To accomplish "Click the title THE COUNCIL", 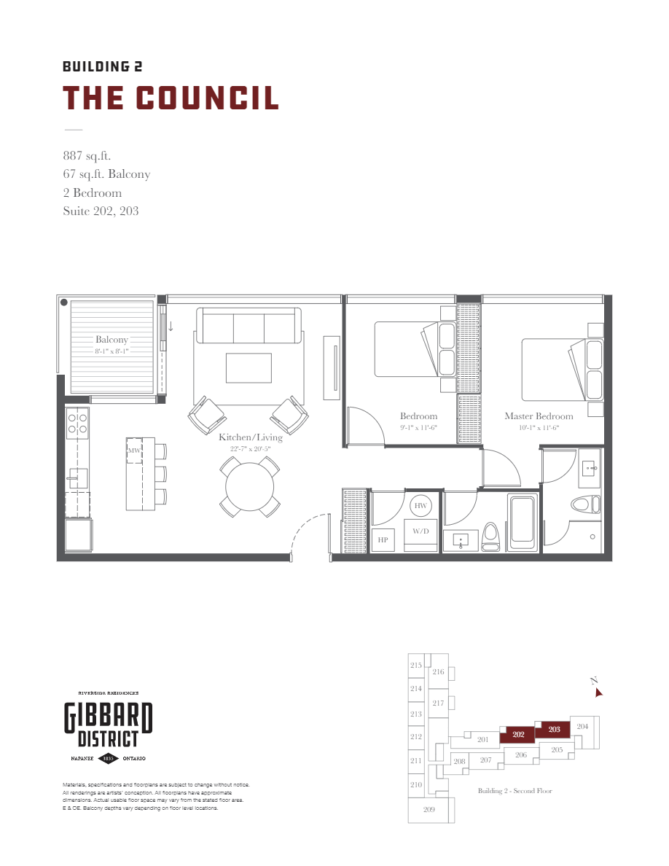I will pyautogui.click(x=171, y=98).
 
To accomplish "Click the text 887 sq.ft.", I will pyautogui.click(x=87, y=155).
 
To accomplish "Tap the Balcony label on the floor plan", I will pyautogui.click(x=111, y=340).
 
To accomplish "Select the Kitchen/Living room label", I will pyautogui.click(x=251, y=437).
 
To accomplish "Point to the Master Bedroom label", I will pyautogui.click(x=539, y=416).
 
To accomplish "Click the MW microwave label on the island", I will pyautogui.click(x=134, y=451).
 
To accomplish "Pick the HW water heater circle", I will pyautogui.click(x=420, y=506).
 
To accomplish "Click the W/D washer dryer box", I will pyautogui.click(x=420, y=531).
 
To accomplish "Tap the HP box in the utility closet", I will pyautogui.click(x=382, y=540).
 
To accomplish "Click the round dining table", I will pyautogui.click(x=250, y=487).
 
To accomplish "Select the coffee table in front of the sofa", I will pyautogui.click(x=249, y=367).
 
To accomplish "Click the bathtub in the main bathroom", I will pyautogui.click(x=523, y=522).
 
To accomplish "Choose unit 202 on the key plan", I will pyautogui.click(x=518, y=735).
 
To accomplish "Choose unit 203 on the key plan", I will pyautogui.click(x=554, y=729).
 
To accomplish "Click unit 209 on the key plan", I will pyautogui.click(x=429, y=810).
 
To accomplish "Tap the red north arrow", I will pyautogui.click(x=599, y=693).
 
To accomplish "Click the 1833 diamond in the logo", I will pyautogui.click(x=108, y=758).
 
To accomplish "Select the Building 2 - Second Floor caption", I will pyautogui.click(x=515, y=791).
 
